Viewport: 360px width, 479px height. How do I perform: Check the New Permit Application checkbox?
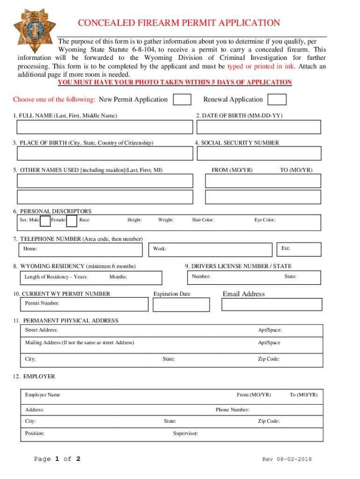click(x=182, y=100)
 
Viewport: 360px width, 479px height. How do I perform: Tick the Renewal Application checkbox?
click(x=277, y=100)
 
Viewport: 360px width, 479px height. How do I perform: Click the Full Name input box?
click(x=105, y=127)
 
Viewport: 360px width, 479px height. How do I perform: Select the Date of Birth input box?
click(x=259, y=127)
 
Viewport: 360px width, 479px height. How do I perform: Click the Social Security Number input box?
click(x=259, y=153)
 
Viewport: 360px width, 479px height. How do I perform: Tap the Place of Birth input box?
click(x=105, y=153)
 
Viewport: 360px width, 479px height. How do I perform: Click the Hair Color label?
click(x=203, y=220)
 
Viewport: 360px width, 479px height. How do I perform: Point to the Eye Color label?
click(x=265, y=220)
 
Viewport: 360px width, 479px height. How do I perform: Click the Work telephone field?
click(x=210, y=249)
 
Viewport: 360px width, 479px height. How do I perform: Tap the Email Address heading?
click(x=244, y=294)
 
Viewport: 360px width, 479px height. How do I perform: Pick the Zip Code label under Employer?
click(x=268, y=421)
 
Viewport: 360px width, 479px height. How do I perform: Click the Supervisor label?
click(x=186, y=434)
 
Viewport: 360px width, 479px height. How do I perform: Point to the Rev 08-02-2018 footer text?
click(x=287, y=459)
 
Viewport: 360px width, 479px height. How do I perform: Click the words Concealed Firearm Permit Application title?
click(x=179, y=23)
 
